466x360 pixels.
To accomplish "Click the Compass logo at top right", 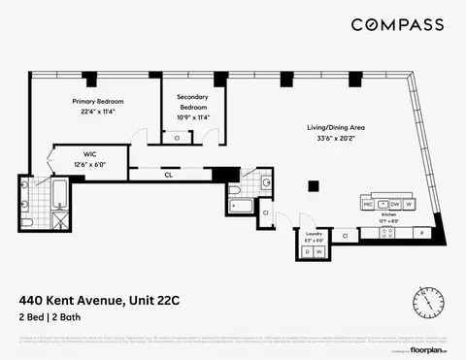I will pos(397,25).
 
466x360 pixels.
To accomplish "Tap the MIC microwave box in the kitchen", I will pos(368,205).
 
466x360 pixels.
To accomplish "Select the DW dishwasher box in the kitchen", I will pos(395,205).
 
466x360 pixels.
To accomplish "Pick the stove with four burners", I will pos(382,205).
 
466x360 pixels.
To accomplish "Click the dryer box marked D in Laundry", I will pos(308,252).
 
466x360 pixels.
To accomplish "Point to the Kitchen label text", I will pos(388,219).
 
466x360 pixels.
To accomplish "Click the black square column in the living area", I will pos(312,185).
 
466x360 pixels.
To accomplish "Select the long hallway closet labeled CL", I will pos(169,175).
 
